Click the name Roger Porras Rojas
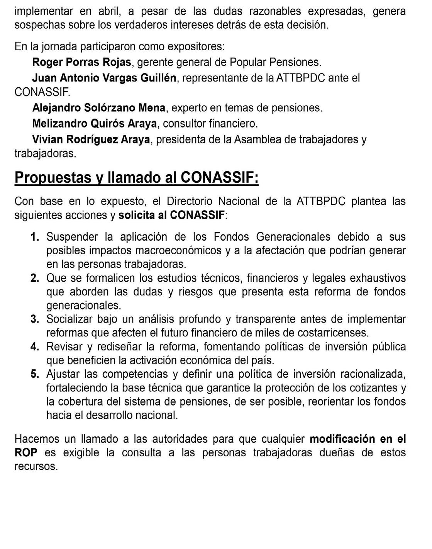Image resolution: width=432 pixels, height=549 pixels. click(x=81, y=62)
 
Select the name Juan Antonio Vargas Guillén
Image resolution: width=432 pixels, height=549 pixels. click(x=104, y=78)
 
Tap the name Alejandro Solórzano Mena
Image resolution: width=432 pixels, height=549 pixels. click(x=98, y=107)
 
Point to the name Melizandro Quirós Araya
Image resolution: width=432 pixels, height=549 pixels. click(x=95, y=123)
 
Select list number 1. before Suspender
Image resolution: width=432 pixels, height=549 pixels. click(x=35, y=237)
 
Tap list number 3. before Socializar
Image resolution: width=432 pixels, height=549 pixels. click(x=35, y=319)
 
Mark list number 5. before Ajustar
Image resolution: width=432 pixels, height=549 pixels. click(x=35, y=374)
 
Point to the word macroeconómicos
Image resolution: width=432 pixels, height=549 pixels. click(x=179, y=250)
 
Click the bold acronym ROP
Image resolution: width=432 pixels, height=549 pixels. click(x=26, y=453)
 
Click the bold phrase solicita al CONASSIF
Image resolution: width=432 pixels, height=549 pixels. click(x=171, y=215)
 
